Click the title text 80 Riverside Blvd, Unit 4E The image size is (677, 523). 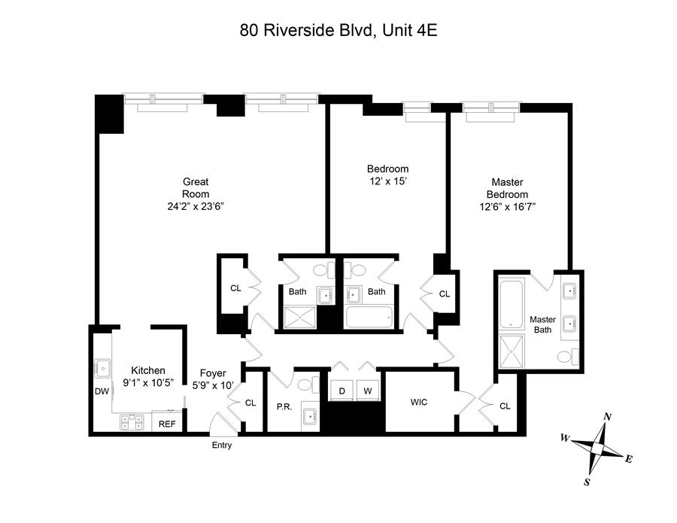(338, 31)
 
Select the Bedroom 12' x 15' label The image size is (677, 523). (387, 175)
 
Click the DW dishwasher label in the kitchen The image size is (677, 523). (102, 391)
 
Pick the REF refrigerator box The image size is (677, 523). (167, 424)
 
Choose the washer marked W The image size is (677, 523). (368, 391)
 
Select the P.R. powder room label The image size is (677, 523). (284, 407)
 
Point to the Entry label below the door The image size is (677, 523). (222, 445)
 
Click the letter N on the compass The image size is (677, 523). (608, 417)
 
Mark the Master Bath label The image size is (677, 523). (542, 324)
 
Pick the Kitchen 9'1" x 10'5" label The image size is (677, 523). (148, 376)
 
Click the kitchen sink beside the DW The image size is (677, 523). (100, 368)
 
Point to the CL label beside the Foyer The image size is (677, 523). (250, 403)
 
